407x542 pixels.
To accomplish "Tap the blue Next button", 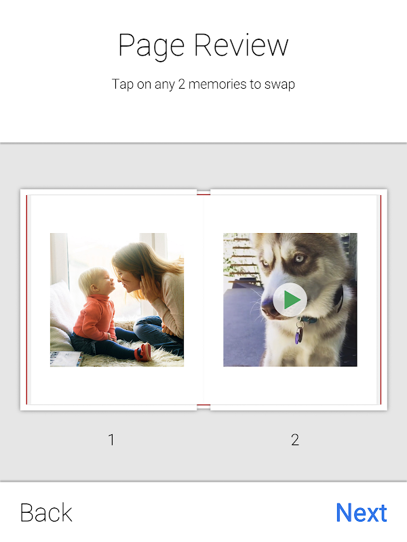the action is [x=362, y=513].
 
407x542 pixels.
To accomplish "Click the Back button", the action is [x=46, y=513].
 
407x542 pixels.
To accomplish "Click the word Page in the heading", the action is [x=151, y=45].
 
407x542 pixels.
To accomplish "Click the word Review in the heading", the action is [x=241, y=45].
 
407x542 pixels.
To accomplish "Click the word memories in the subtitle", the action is [x=218, y=84].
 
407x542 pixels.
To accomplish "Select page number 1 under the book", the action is [x=111, y=440].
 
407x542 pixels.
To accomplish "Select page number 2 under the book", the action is [x=295, y=440].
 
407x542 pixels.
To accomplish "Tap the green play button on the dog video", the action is [x=290, y=299].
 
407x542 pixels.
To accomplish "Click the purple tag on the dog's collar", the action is [x=298, y=335].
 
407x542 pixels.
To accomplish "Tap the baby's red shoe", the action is [x=143, y=352].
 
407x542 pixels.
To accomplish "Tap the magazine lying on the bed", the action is [x=66, y=359].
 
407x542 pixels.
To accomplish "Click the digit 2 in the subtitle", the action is [x=182, y=84].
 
